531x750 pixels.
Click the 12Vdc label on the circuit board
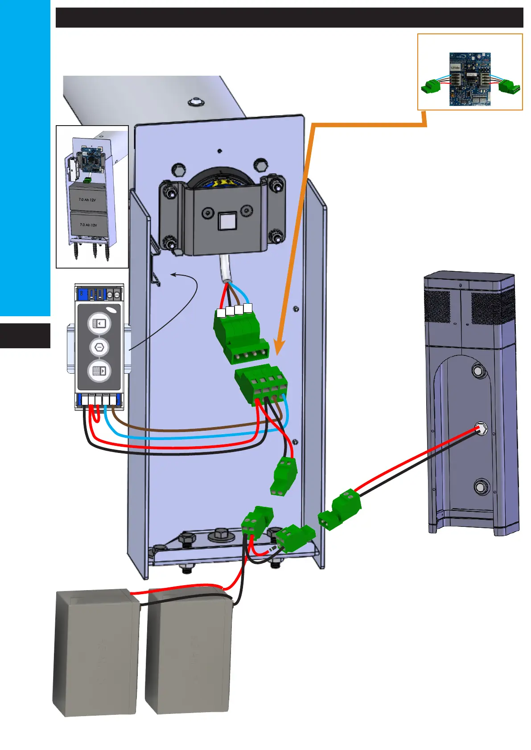(455, 67)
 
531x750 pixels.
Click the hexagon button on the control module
(99, 347)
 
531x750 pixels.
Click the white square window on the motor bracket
(226, 221)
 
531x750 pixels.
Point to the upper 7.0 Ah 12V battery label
(87, 200)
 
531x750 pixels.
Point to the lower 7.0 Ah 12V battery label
(88, 225)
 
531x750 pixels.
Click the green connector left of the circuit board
(431, 86)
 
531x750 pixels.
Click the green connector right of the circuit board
(508, 86)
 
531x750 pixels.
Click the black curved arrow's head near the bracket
(174, 275)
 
